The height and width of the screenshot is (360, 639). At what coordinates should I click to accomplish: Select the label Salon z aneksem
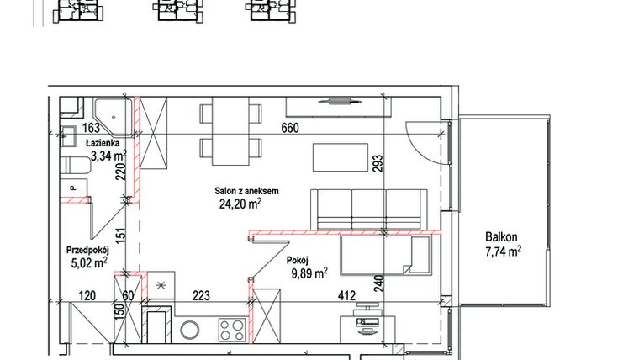pos(246,191)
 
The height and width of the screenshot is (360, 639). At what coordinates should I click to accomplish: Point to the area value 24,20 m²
pos(240,203)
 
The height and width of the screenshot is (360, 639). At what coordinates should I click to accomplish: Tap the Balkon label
pos(502,237)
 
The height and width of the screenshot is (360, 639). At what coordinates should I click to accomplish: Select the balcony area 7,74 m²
pos(502,251)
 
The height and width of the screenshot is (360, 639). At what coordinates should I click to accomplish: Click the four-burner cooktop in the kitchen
pos(231,328)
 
